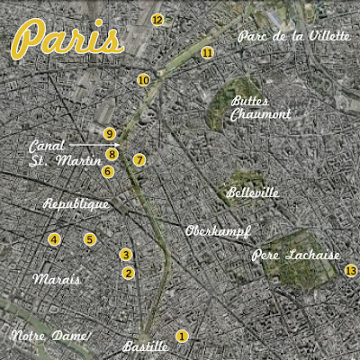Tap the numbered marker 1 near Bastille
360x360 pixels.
[x=182, y=337]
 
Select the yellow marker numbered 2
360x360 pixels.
[x=128, y=273]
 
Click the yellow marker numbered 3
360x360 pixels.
[x=126, y=256]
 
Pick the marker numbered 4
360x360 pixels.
[x=55, y=239]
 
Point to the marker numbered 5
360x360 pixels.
[x=89, y=239]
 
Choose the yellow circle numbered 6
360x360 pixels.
[x=108, y=171]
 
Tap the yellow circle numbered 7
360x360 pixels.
[x=139, y=159]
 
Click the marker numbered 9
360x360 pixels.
[x=109, y=135]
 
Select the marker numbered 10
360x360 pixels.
[x=143, y=80]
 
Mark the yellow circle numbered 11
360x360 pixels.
[x=208, y=53]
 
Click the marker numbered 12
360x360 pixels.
[x=157, y=19]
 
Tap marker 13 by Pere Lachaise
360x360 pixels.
[x=350, y=272]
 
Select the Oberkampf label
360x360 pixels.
[x=216, y=231]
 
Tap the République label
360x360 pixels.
[x=76, y=204]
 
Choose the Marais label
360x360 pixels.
[x=56, y=279]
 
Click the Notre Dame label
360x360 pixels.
[x=49, y=337]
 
